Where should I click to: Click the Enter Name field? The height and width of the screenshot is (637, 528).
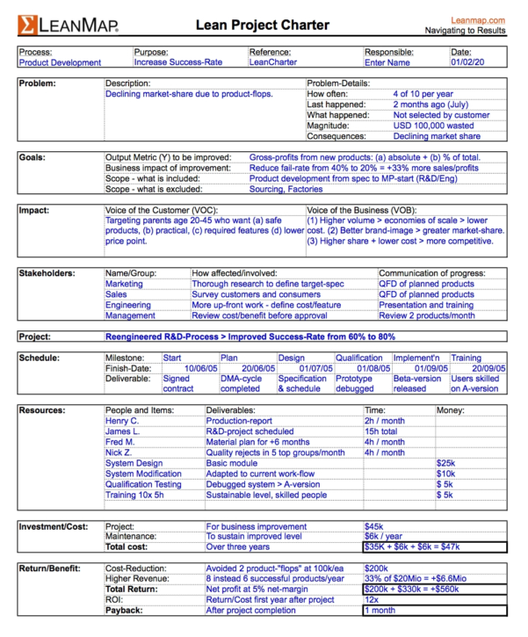[x=387, y=63]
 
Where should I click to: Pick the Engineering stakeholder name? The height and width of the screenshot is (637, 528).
[x=129, y=305]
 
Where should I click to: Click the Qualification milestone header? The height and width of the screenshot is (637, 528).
[x=358, y=358]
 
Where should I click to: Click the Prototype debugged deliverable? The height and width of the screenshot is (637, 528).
[x=355, y=383]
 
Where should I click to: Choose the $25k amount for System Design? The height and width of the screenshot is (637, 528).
[x=445, y=463]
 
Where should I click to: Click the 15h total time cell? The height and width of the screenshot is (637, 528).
[x=381, y=431]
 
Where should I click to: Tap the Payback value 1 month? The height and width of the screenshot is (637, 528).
[x=380, y=610]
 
